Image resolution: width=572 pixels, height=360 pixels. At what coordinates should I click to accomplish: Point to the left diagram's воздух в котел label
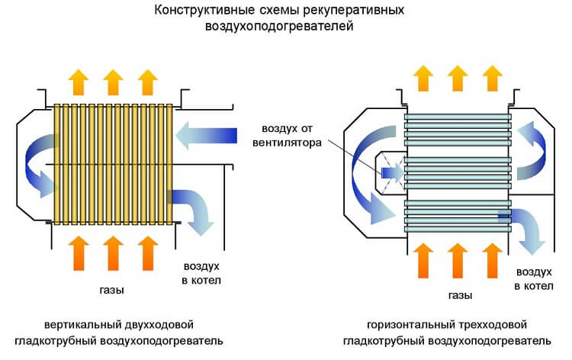point(201,274)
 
